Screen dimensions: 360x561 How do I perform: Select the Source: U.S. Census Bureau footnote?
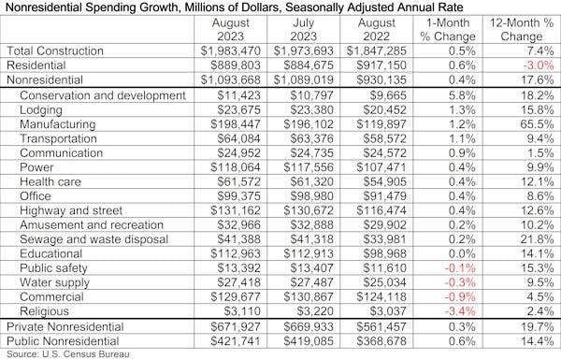click(x=70, y=354)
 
